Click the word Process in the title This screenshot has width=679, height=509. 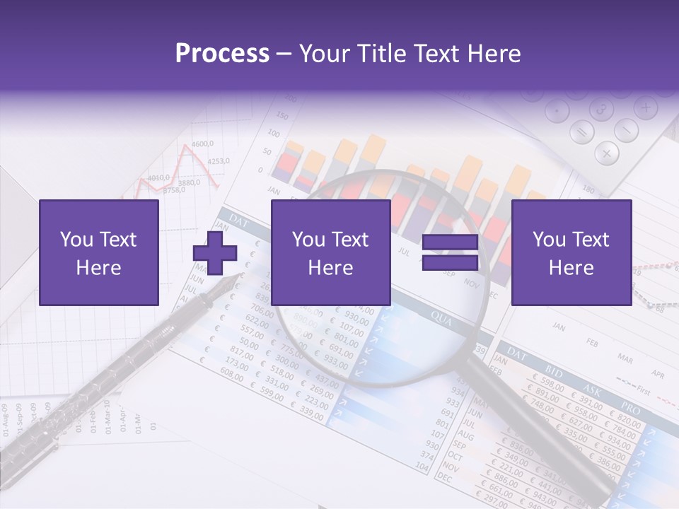pyautogui.click(x=222, y=53)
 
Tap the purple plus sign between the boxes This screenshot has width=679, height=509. pyautogui.click(x=215, y=253)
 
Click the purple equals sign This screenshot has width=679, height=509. pyautogui.click(x=450, y=252)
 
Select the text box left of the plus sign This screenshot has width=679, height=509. pyautogui.click(x=99, y=252)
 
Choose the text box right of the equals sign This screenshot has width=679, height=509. pyautogui.click(x=571, y=252)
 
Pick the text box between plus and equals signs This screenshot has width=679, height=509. pyautogui.click(x=331, y=252)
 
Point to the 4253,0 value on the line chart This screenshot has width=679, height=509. pyautogui.click(x=219, y=161)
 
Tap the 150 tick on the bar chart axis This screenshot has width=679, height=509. pyautogui.click(x=281, y=116)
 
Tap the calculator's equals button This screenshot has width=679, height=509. pyautogui.click(x=583, y=132)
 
